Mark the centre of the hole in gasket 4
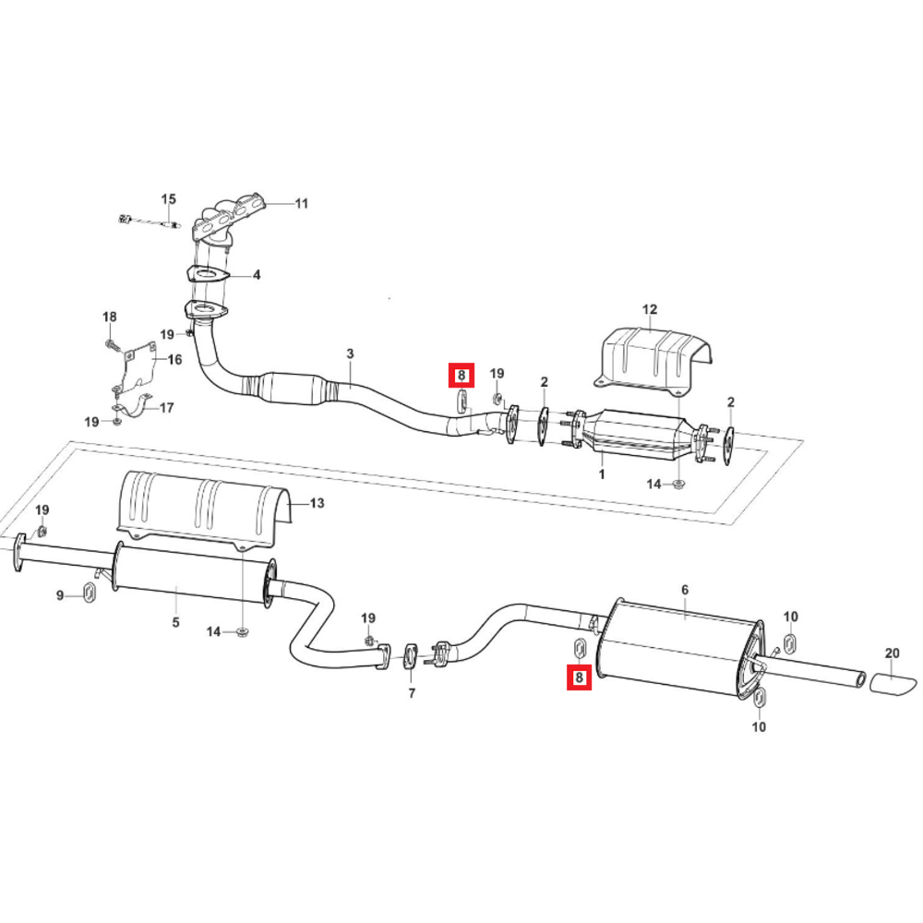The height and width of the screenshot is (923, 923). tap(207, 274)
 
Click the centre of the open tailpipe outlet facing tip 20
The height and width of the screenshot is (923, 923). tap(861, 678)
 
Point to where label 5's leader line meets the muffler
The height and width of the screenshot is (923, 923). tap(177, 587)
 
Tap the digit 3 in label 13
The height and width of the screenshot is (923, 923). tap(320, 503)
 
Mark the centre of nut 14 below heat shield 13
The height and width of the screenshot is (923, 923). tap(241, 631)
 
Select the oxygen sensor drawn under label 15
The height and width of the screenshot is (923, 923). tap(150, 222)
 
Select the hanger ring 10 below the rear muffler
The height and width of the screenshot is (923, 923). tap(760, 697)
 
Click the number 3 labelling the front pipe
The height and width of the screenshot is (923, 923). tap(350, 354)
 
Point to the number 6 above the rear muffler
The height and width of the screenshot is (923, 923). tap(685, 590)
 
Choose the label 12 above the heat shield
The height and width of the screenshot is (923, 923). tap(649, 309)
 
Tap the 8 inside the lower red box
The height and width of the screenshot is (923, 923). tap(580, 677)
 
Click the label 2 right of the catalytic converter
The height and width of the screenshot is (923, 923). tap(730, 402)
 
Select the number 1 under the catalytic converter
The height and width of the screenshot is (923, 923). tap(602, 473)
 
